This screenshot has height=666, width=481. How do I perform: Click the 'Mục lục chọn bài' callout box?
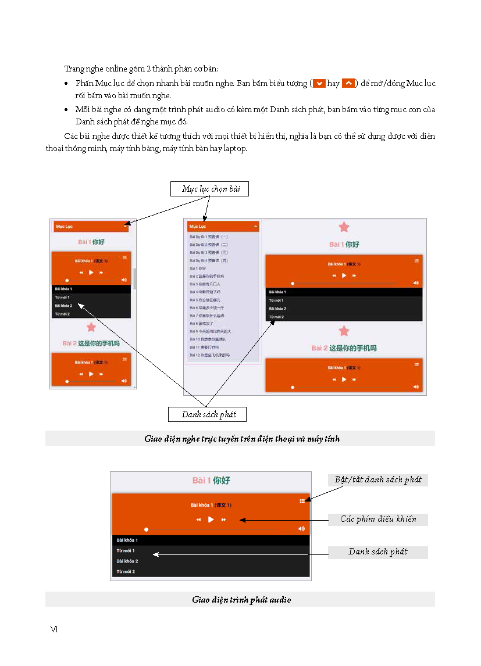click(211, 189)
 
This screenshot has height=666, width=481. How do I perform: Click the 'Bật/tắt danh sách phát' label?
click(378, 480)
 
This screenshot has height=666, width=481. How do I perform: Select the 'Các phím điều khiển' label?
click(378, 520)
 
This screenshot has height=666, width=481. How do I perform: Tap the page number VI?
click(54, 629)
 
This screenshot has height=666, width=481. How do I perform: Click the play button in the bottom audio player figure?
click(211, 520)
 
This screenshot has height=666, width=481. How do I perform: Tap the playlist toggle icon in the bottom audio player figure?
click(302, 501)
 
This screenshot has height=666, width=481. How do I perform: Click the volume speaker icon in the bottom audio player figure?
click(301, 529)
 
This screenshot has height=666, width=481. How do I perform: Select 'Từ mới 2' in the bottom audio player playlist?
click(126, 572)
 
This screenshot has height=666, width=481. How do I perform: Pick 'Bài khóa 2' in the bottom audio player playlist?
click(127, 561)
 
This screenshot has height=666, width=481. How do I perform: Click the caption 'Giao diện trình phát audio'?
click(241, 600)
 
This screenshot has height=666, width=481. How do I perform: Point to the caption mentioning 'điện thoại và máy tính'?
click(242, 439)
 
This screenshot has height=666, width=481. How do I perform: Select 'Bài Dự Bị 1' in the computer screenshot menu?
click(209, 237)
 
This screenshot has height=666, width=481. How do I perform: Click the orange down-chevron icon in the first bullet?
click(319, 84)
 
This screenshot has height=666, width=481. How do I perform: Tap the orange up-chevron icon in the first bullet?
click(348, 84)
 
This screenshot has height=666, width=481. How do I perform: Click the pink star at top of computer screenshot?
click(344, 227)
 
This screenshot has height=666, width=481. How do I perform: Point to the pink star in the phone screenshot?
click(91, 328)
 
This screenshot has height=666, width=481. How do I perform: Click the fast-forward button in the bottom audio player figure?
click(224, 520)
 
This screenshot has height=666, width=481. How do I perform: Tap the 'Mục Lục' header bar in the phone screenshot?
click(91, 226)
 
